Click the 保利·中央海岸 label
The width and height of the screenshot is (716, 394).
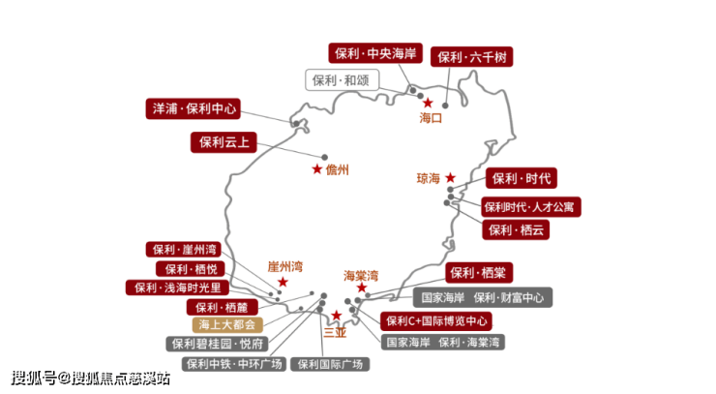(x=375, y=53)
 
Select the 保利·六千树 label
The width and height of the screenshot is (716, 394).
(x=472, y=57)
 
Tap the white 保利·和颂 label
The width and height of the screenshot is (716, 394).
(x=342, y=80)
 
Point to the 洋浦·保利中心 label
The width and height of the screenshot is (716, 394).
(x=194, y=108)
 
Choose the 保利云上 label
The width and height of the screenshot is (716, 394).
(x=224, y=142)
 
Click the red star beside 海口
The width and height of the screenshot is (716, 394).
(x=428, y=103)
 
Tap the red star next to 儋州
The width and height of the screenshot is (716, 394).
(x=317, y=169)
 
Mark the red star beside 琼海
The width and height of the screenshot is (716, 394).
(x=451, y=177)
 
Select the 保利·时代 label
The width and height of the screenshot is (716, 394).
(x=522, y=178)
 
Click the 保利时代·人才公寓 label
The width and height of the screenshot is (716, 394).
(x=530, y=207)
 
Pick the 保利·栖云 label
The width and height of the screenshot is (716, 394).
(x=516, y=229)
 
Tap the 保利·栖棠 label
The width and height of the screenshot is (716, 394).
(x=479, y=273)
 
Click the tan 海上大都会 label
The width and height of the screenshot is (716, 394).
(x=227, y=324)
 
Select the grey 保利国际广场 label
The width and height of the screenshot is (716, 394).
(x=330, y=364)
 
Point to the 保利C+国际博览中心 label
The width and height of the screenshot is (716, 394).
(x=436, y=321)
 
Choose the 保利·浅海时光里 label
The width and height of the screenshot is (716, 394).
(x=177, y=288)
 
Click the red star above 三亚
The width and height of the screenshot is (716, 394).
(x=337, y=315)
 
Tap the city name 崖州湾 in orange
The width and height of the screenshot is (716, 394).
(x=285, y=266)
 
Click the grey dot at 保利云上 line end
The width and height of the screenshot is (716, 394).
(x=325, y=157)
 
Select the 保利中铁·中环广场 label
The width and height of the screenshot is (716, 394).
(x=234, y=364)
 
